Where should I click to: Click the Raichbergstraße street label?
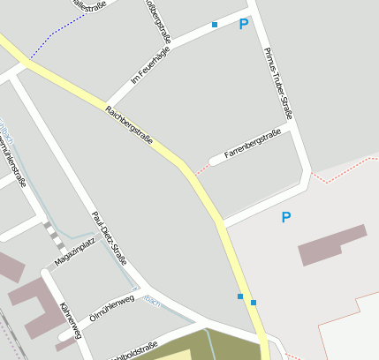(x=129, y=125)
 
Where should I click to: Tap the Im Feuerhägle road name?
(x=150, y=65)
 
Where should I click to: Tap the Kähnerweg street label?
(x=70, y=320)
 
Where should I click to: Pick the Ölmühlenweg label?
(x=111, y=308)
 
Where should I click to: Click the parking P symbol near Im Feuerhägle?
(x=244, y=25)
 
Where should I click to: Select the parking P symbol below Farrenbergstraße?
(x=285, y=217)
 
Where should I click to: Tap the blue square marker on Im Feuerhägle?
(x=214, y=25)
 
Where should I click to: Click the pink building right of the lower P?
(x=332, y=244)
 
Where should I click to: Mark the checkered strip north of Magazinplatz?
(x=53, y=236)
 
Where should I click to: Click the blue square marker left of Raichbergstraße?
(x=239, y=296)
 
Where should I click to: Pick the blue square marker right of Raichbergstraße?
(x=254, y=303)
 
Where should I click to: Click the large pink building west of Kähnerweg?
(x=31, y=304)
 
